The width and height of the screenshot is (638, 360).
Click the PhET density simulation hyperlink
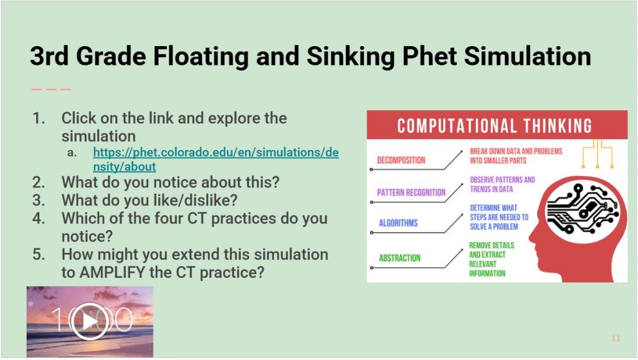(216, 159)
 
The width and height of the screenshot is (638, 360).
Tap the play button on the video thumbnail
(90, 322)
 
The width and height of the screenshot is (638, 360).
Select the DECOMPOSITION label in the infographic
(401, 160)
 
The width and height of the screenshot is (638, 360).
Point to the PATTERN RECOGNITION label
(411, 192)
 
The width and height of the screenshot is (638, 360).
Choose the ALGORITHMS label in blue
(398, 223)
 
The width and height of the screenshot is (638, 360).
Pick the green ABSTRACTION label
(399, 258)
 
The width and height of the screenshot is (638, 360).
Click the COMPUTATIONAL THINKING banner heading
(494, 126)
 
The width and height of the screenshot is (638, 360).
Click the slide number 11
(616, 338)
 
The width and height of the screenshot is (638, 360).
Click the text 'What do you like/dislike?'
(150, 200)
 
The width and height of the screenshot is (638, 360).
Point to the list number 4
(38, 218)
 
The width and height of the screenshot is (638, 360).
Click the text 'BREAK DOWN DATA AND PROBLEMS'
(516, 151)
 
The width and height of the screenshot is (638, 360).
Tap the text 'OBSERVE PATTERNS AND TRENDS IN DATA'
(502, 184)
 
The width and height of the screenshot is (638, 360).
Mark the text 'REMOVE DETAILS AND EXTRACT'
(492, 250)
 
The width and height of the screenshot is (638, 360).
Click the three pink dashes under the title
(51, 89)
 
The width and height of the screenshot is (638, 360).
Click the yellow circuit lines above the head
(598, 154)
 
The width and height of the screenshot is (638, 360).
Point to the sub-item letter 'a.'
(72, 153)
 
